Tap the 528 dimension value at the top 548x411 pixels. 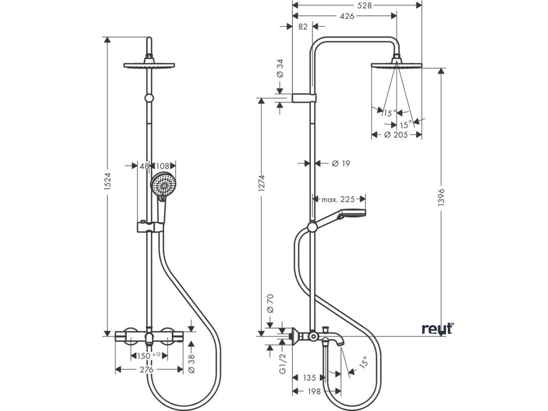364,5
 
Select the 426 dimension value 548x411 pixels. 347,16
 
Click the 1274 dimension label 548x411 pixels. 261,183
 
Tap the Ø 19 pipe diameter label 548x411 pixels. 341,163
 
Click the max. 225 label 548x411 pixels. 338,199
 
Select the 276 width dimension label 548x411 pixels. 147,369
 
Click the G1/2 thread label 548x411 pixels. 283,363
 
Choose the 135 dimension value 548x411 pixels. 309,378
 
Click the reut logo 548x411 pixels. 438,329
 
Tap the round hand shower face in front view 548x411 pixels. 163,185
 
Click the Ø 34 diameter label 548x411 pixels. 279,69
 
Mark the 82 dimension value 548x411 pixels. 303,27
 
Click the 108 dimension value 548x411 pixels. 162,166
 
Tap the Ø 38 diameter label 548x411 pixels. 192,363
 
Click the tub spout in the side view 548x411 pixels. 334,338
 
